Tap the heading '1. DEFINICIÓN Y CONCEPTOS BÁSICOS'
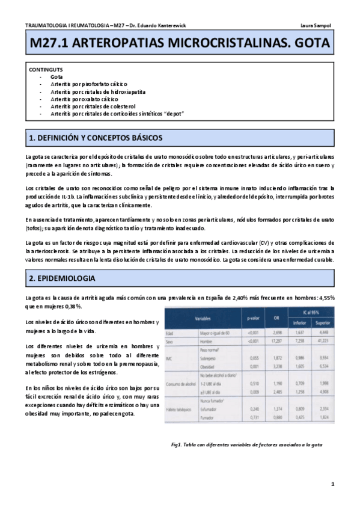(96, 138)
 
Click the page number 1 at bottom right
(332, 484)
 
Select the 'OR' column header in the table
(276, 317)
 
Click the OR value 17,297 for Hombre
(276, 341)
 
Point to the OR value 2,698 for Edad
(276, 333)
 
